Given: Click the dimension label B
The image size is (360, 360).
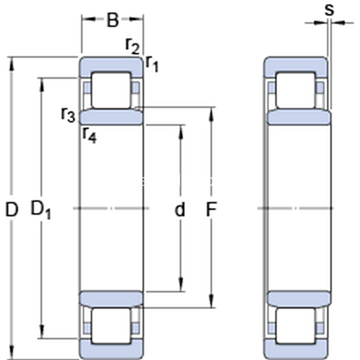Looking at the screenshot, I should click(x=113, y=20).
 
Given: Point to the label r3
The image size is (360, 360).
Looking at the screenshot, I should click(x=68, y=113).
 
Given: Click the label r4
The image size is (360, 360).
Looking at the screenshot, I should click(x=89, y=134).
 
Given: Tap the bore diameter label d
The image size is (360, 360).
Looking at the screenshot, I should click(x=179, y=209).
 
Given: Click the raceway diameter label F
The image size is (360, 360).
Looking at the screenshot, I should click(x=211, y=209).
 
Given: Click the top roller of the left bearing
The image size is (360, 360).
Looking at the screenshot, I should click(x=111, y=90).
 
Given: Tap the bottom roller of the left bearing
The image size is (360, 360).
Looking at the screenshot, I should click(x=111, y=326).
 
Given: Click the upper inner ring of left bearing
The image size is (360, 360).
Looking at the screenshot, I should click(x=112, y=116).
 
